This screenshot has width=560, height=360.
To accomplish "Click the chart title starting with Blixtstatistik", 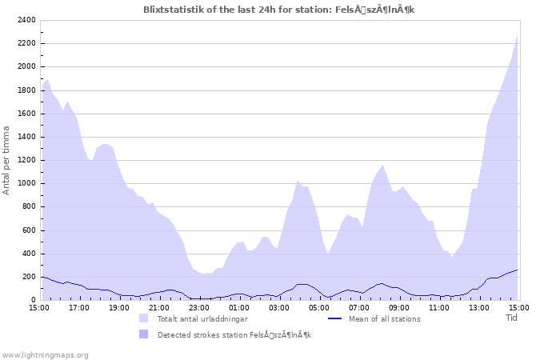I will tap(279, 10).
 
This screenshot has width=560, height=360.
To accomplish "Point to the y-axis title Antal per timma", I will tap(6, 160).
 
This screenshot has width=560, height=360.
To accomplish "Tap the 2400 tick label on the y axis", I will tap(26, 20).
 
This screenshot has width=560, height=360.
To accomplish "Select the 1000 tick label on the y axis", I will tap(26, 183).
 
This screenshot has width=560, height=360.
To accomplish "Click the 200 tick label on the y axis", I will tap(29, 277).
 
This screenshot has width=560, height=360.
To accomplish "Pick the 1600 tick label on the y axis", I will tap(26, 114).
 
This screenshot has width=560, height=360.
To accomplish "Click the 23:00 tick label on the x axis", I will tap(199, 307).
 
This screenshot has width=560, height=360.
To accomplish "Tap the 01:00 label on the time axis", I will tap(239, 307).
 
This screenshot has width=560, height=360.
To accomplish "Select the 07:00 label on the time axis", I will tap(359, 307).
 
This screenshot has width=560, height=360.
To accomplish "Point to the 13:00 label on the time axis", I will tap(479, 307).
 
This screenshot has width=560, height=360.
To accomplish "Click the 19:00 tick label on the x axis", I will tap(119, 307).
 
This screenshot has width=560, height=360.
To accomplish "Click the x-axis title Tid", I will tap(512, 318).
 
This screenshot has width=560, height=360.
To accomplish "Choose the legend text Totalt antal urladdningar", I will tap(202, 319).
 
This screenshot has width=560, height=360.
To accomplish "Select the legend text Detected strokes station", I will tap(234, 334).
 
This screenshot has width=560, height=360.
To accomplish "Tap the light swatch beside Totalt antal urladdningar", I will tap(144, 318).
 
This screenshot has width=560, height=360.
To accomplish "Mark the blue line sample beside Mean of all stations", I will tap(335, 318).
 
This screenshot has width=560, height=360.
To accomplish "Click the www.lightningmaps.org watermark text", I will tap(45, 354).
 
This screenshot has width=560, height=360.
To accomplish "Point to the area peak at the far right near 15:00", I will tap(517, 37).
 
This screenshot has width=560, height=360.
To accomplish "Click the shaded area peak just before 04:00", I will tap(297, 182).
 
